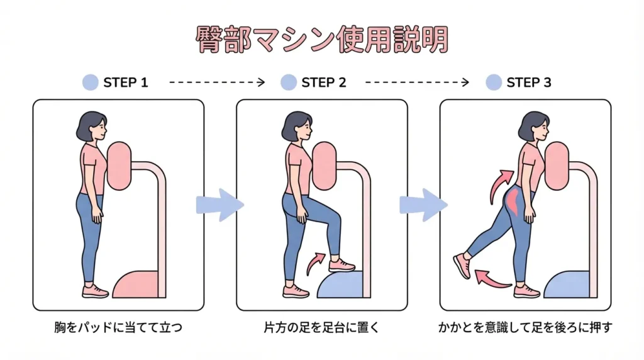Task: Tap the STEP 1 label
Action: [x=125, y=82]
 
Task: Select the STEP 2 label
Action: [x=323, y=82]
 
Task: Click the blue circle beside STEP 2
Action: [x=288, y=82]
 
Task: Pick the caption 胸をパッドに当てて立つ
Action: [x=118, y=328]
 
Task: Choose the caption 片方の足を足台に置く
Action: [x=321, y=328]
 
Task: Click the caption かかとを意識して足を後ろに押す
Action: [x=525, y=328]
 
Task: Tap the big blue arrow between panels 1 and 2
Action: [x=219, y=205]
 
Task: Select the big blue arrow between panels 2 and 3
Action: [x=423, y=205]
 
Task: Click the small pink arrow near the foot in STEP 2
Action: [x=316, y=264]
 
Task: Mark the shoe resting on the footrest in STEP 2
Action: [x=341, y=266]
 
